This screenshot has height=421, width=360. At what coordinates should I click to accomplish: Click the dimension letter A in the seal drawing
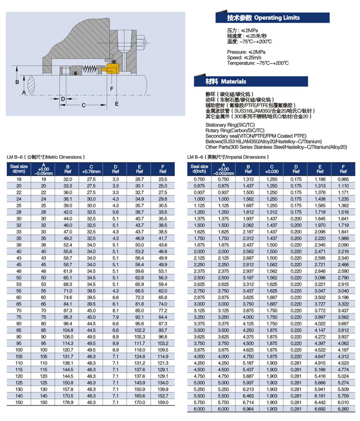(23, 93)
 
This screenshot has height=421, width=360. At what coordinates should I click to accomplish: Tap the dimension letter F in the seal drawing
(112, 88)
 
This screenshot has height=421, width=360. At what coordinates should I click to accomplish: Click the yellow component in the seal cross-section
(112, 70)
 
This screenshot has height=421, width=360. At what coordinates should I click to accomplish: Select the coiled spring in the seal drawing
(92, 69)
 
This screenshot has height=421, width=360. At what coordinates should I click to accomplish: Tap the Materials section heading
(233, 82)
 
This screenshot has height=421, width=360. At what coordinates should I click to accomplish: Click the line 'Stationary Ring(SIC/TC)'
(229, 125)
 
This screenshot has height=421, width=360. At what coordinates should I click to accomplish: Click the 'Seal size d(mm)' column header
(19, 169)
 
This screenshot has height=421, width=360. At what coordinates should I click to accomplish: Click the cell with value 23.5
(163, 178)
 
